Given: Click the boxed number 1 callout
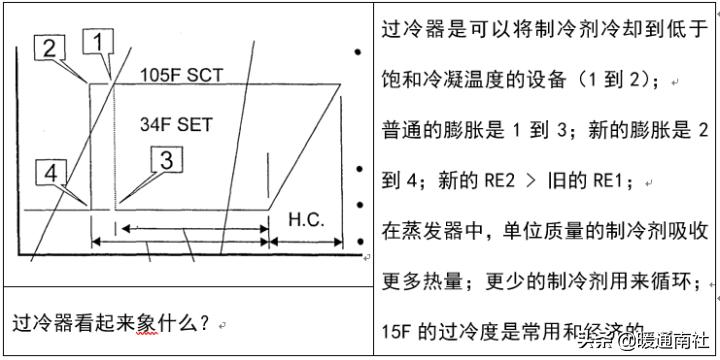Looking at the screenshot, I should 98,42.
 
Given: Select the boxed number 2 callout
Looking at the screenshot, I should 52,47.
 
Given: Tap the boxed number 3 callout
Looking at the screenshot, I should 167,159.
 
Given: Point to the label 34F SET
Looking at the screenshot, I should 176,125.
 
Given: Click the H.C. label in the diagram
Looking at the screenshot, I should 306,219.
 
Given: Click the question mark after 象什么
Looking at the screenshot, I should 203,323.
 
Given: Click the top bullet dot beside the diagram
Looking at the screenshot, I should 357,52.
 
